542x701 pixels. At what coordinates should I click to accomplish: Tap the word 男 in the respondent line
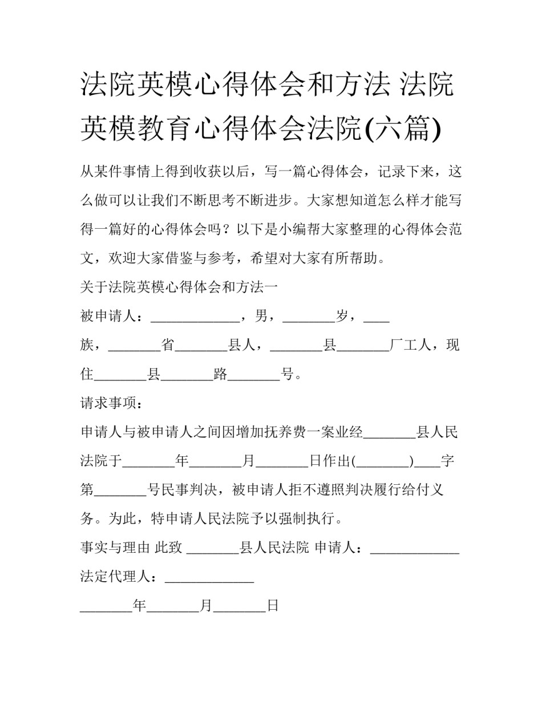262,317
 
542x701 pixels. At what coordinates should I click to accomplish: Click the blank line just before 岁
309,319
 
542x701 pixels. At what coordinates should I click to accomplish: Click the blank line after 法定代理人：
209,581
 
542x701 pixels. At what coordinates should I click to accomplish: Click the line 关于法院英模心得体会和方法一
179,287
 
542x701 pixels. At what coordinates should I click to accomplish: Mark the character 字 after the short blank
447,461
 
